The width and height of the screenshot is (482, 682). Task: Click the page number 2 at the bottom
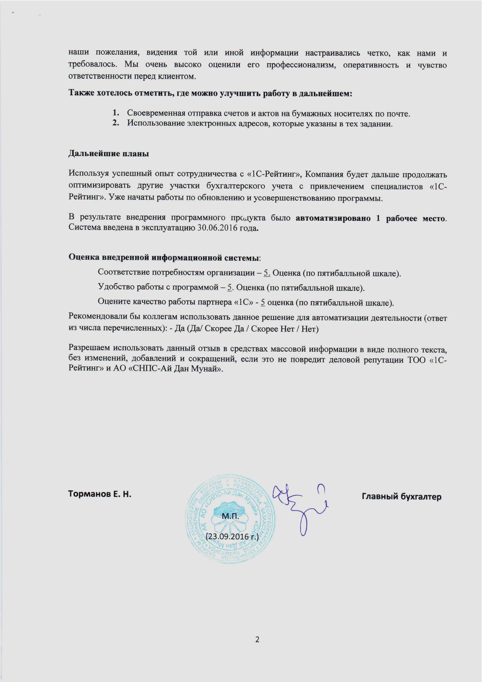(257, 639)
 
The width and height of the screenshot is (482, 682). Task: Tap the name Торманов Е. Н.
(100, 494)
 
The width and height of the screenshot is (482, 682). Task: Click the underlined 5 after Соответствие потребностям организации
(267, 273)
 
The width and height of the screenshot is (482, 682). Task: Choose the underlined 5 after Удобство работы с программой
(229, 288)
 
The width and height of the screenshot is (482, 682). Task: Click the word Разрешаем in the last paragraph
(89, 348)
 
